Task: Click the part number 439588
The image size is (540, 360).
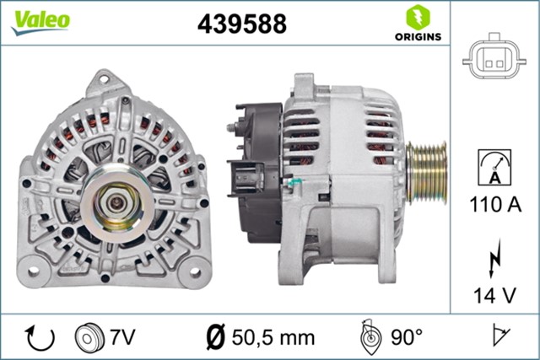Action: (242, 24)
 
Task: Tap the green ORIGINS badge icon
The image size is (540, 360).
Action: (416, 17)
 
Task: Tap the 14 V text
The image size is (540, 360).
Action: (494, 295)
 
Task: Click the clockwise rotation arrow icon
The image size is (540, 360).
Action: (40, 338)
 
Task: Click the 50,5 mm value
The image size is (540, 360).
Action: (273, 338)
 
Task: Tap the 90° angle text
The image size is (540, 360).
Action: (407, 338)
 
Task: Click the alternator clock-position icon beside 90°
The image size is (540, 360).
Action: (370, 337)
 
